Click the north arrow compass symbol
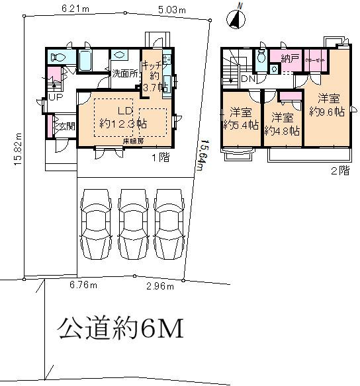point(236,20)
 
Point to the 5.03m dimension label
point(172,10)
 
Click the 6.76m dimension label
point(83,285)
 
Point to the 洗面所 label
point(123,73)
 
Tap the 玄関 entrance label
point(62,126)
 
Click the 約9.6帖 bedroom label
point(330,105)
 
